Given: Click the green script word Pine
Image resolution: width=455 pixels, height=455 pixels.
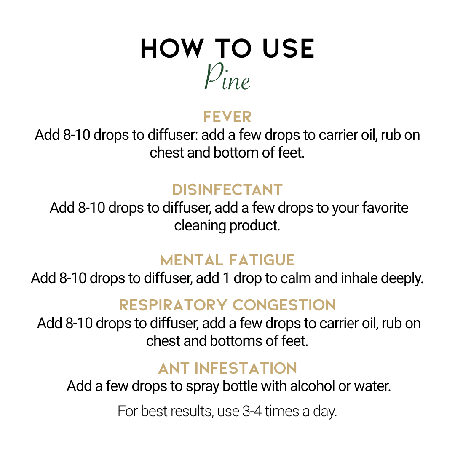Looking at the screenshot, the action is coord(227,77).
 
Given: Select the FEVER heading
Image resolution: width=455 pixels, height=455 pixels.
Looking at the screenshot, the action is coord(227,117).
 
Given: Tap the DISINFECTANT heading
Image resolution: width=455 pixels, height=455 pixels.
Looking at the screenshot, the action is coord(227,190).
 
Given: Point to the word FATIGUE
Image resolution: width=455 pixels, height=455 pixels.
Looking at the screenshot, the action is coord(262,260).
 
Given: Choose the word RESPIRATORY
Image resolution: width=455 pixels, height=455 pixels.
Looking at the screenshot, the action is coord(173,305).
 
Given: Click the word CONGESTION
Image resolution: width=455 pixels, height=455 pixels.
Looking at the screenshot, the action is coord(284,305).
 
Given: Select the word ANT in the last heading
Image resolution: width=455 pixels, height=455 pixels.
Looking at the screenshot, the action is coord(173,368).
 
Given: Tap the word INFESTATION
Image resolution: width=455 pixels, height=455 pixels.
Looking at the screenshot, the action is coord(246,368).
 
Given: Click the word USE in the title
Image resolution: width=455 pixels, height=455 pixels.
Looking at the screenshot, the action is coord(288,48).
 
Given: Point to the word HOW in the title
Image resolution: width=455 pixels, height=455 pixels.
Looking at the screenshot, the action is coord(172,48).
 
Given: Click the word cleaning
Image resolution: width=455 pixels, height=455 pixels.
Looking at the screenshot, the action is coord(200,226).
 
